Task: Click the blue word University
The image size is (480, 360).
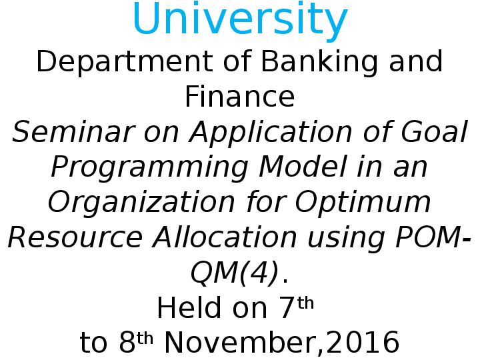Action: click(240, 20)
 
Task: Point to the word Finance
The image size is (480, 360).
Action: click(240, 97)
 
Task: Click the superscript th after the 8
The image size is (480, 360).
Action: click(145, 339)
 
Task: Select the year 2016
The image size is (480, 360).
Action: click(363, 343)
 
